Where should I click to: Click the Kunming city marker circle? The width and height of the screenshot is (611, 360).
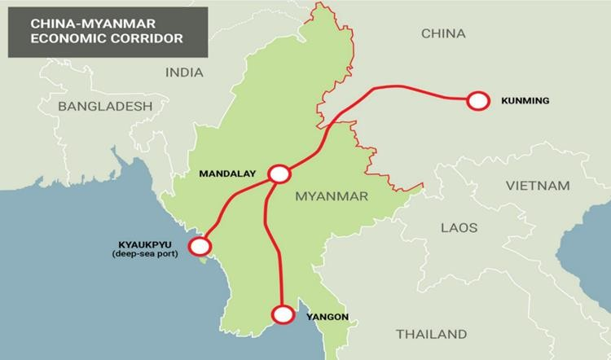tap(477, 100)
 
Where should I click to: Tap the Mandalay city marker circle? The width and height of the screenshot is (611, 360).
tap(279, 173)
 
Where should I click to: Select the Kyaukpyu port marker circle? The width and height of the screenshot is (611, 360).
tap(199, 245)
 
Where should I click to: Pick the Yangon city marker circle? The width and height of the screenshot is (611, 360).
tap(283, 314)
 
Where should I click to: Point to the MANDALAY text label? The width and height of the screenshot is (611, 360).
tap(228, 173)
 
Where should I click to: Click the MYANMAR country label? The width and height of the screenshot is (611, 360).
tap(332, 196)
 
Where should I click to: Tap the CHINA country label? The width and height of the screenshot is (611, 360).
tap(443, 33)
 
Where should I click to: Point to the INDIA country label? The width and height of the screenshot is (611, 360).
tap(184, 72)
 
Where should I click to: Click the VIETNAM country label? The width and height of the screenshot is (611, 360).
tap(538, 186)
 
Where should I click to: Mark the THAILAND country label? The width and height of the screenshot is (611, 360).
tap(431, 334)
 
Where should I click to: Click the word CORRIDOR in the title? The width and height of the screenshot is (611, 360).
tap(147, 37)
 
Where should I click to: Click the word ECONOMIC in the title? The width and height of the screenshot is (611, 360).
tap(68, 37)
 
